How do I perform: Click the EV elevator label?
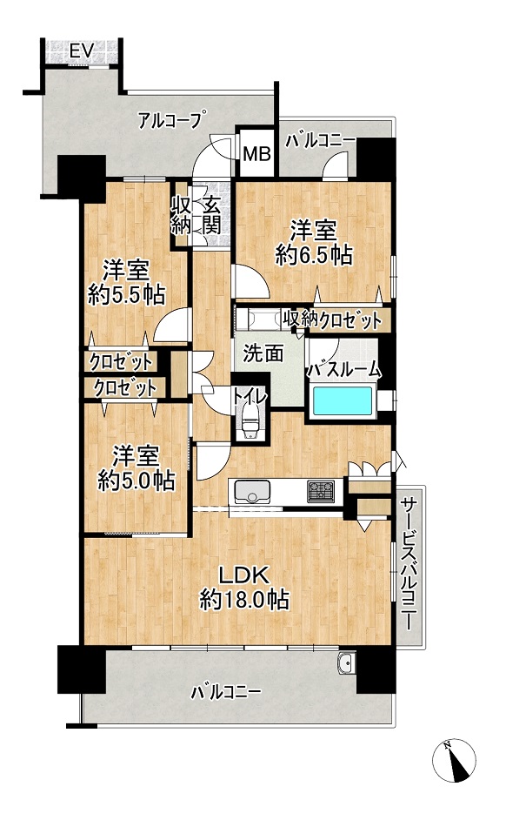point(82,51)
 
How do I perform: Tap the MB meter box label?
point(257,154)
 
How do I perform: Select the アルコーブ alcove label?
point(170,121)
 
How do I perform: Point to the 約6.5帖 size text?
point(314,255)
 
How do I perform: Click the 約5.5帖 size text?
point(127,295)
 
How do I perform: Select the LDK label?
point(244,576)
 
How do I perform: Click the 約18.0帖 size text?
point(244,600)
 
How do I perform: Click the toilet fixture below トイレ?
point(250,420)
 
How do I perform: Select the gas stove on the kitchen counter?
point(320,491)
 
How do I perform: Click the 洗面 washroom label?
point(263,353)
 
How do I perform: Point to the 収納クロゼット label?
point(332,319)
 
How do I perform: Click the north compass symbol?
point(454,761)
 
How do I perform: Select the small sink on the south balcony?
point(345,662)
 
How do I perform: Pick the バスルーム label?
point(344,369)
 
